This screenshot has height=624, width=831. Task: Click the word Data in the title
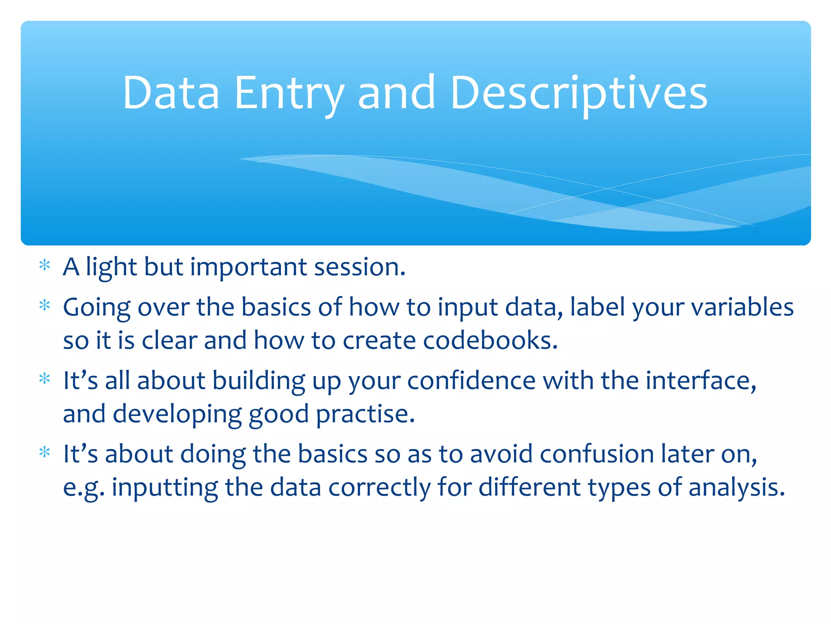pos(171,93)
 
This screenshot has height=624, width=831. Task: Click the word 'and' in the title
pos(396,93)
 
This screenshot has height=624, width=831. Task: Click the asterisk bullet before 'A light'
pos(44,266)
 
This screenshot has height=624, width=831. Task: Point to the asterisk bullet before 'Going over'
pos(44,305)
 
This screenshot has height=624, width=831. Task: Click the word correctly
pos(379,487)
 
